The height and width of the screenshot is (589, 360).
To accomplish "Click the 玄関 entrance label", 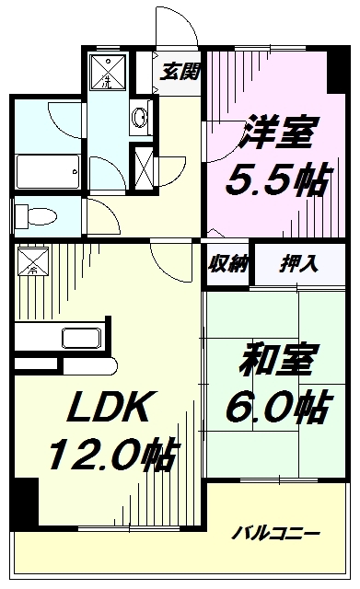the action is point(180,72).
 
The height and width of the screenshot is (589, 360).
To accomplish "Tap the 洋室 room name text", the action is point(277,133).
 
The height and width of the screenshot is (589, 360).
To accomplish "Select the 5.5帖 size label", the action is point(278,180).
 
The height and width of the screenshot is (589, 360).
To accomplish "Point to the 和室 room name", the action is point(275,360).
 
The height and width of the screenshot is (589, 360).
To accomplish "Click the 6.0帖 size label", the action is point(278,407).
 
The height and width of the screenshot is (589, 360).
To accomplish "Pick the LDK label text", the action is point(107,407).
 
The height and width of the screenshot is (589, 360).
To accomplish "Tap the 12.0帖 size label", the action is point(112,454).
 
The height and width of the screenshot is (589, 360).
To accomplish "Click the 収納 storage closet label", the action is point(227,264).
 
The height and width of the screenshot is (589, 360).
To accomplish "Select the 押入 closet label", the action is point(298,264).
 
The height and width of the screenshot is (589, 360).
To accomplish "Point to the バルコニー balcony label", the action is point(275,534).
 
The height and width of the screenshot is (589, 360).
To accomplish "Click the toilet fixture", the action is point(35,217).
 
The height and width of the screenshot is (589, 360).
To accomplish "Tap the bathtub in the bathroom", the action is point(48,172).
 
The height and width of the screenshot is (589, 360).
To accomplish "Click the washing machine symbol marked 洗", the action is point(108,72).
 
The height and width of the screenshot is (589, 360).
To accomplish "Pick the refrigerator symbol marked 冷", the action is point(33,260).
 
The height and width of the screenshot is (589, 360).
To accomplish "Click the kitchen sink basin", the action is point(82,339).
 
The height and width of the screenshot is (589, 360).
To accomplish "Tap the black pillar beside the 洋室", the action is point(338,70).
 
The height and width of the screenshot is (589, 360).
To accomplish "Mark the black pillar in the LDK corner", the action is point(25,502).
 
